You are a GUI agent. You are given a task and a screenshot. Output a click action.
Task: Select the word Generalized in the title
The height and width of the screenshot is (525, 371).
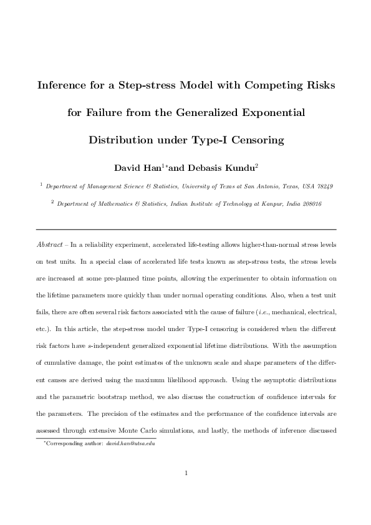(207, 113)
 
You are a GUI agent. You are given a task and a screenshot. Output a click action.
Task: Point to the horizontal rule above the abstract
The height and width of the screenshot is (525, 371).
(186, 229)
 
